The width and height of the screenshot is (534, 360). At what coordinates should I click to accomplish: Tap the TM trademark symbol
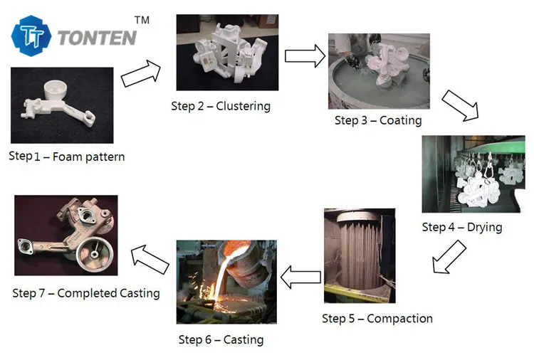coord(142,20)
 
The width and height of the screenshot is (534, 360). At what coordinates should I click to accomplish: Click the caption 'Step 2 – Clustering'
coord(221,106)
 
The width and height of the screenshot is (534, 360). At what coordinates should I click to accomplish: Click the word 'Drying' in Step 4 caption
coord(484,227)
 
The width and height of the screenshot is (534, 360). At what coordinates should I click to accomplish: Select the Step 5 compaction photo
coord(360,255)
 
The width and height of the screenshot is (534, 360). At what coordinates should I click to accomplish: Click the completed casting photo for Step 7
coord(66,235)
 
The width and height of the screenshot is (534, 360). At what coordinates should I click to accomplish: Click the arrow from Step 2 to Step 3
coord(304,55)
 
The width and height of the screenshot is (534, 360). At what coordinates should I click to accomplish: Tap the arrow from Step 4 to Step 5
coord(449,257)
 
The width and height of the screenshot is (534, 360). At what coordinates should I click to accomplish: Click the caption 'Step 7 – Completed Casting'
coord(86,292)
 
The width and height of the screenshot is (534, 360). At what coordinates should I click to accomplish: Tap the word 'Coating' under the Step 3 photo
coord(400,120)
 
